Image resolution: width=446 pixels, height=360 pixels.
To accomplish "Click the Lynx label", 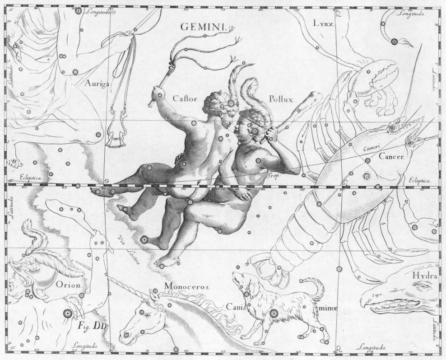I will pos(323,23).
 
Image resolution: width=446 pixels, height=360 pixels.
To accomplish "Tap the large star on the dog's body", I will pos(273,313).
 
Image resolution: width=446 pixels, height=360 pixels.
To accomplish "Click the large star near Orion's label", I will pos(68,313).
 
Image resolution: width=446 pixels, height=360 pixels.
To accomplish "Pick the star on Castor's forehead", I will pos(232,103).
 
